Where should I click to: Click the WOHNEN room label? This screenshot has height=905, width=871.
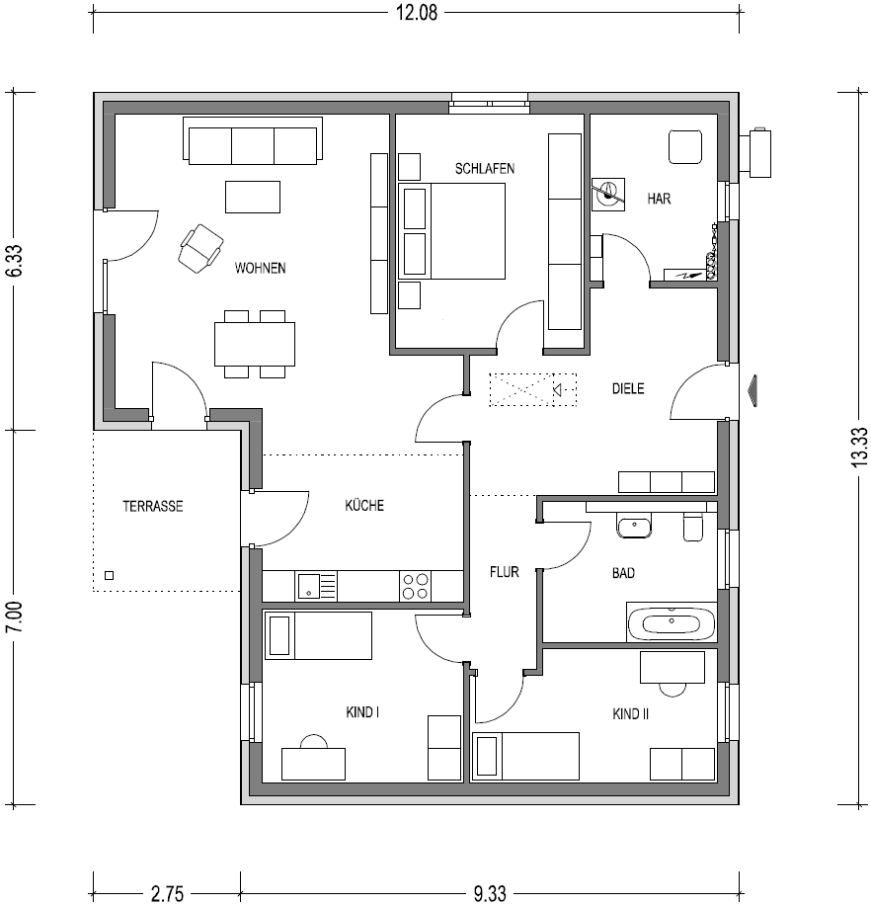(x=260, y=268)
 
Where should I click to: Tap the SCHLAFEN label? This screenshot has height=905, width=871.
(x=485, y=169)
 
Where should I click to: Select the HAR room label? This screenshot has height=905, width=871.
(x=659, y=199)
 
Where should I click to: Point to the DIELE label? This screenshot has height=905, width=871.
(x=628, y=388)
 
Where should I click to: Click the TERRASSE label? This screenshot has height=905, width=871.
(x=153, y=506)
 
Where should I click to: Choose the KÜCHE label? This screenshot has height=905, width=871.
(x=364, y=505)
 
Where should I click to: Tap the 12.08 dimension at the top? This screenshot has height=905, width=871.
(x=417, y=12)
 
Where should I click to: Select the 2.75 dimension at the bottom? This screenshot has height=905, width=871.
(x=167, y=894)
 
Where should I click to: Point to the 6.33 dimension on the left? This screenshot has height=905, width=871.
(x=14, y=261)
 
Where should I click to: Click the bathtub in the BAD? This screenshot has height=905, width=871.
(x=672, y=622)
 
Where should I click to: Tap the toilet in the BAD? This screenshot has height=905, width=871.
(x=693, y=527)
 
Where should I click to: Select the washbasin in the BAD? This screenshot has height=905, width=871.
(x=634, y=527)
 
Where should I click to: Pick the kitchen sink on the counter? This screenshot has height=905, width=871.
(x=316, y=586)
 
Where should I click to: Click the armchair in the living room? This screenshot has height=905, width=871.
(x=200, y=248)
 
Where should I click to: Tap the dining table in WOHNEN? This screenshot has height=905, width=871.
(x=255, y=344)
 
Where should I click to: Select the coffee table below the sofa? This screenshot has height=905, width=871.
(x=253, y=197)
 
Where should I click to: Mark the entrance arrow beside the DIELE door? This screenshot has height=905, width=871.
(x=752, y=391)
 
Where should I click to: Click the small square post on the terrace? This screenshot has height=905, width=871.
(x=109, y=575)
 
